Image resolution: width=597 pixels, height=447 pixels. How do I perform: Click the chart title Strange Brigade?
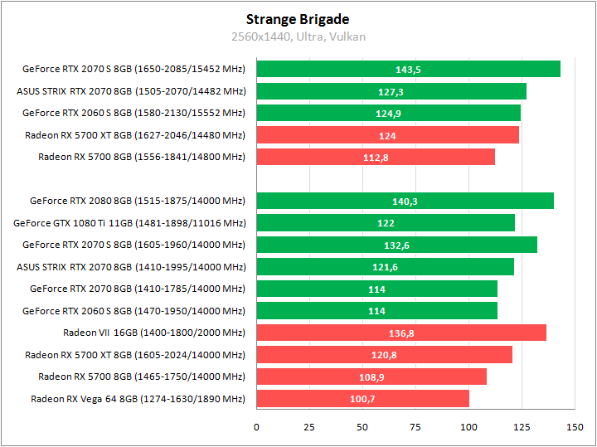(298, 19)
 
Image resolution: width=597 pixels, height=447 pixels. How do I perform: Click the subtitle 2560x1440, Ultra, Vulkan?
(298, 36)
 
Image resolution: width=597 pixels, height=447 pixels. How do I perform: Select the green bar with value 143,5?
(408, 70)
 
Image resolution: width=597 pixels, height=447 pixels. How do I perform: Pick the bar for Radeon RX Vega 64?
(362, 399)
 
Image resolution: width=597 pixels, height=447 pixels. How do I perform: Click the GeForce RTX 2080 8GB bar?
(405, 201)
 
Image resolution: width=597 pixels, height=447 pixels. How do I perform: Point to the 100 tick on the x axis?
(468, 427)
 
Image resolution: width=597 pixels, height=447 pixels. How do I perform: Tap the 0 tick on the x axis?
(256, 427)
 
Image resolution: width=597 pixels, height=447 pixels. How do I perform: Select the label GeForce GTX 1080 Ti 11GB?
(129, 222)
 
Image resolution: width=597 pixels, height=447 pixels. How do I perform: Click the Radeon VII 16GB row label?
(154, 333)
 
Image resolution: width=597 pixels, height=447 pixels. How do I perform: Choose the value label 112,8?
(376, 158)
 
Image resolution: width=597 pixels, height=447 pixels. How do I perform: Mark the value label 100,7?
(363, 399)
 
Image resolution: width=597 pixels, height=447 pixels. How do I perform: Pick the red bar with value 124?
(387, 135)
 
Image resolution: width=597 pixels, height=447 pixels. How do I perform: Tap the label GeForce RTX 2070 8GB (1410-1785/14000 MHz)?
(138, 289)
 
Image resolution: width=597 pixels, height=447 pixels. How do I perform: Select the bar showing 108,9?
(371, 377)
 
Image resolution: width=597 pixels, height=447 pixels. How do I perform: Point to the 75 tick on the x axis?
(415, 427)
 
